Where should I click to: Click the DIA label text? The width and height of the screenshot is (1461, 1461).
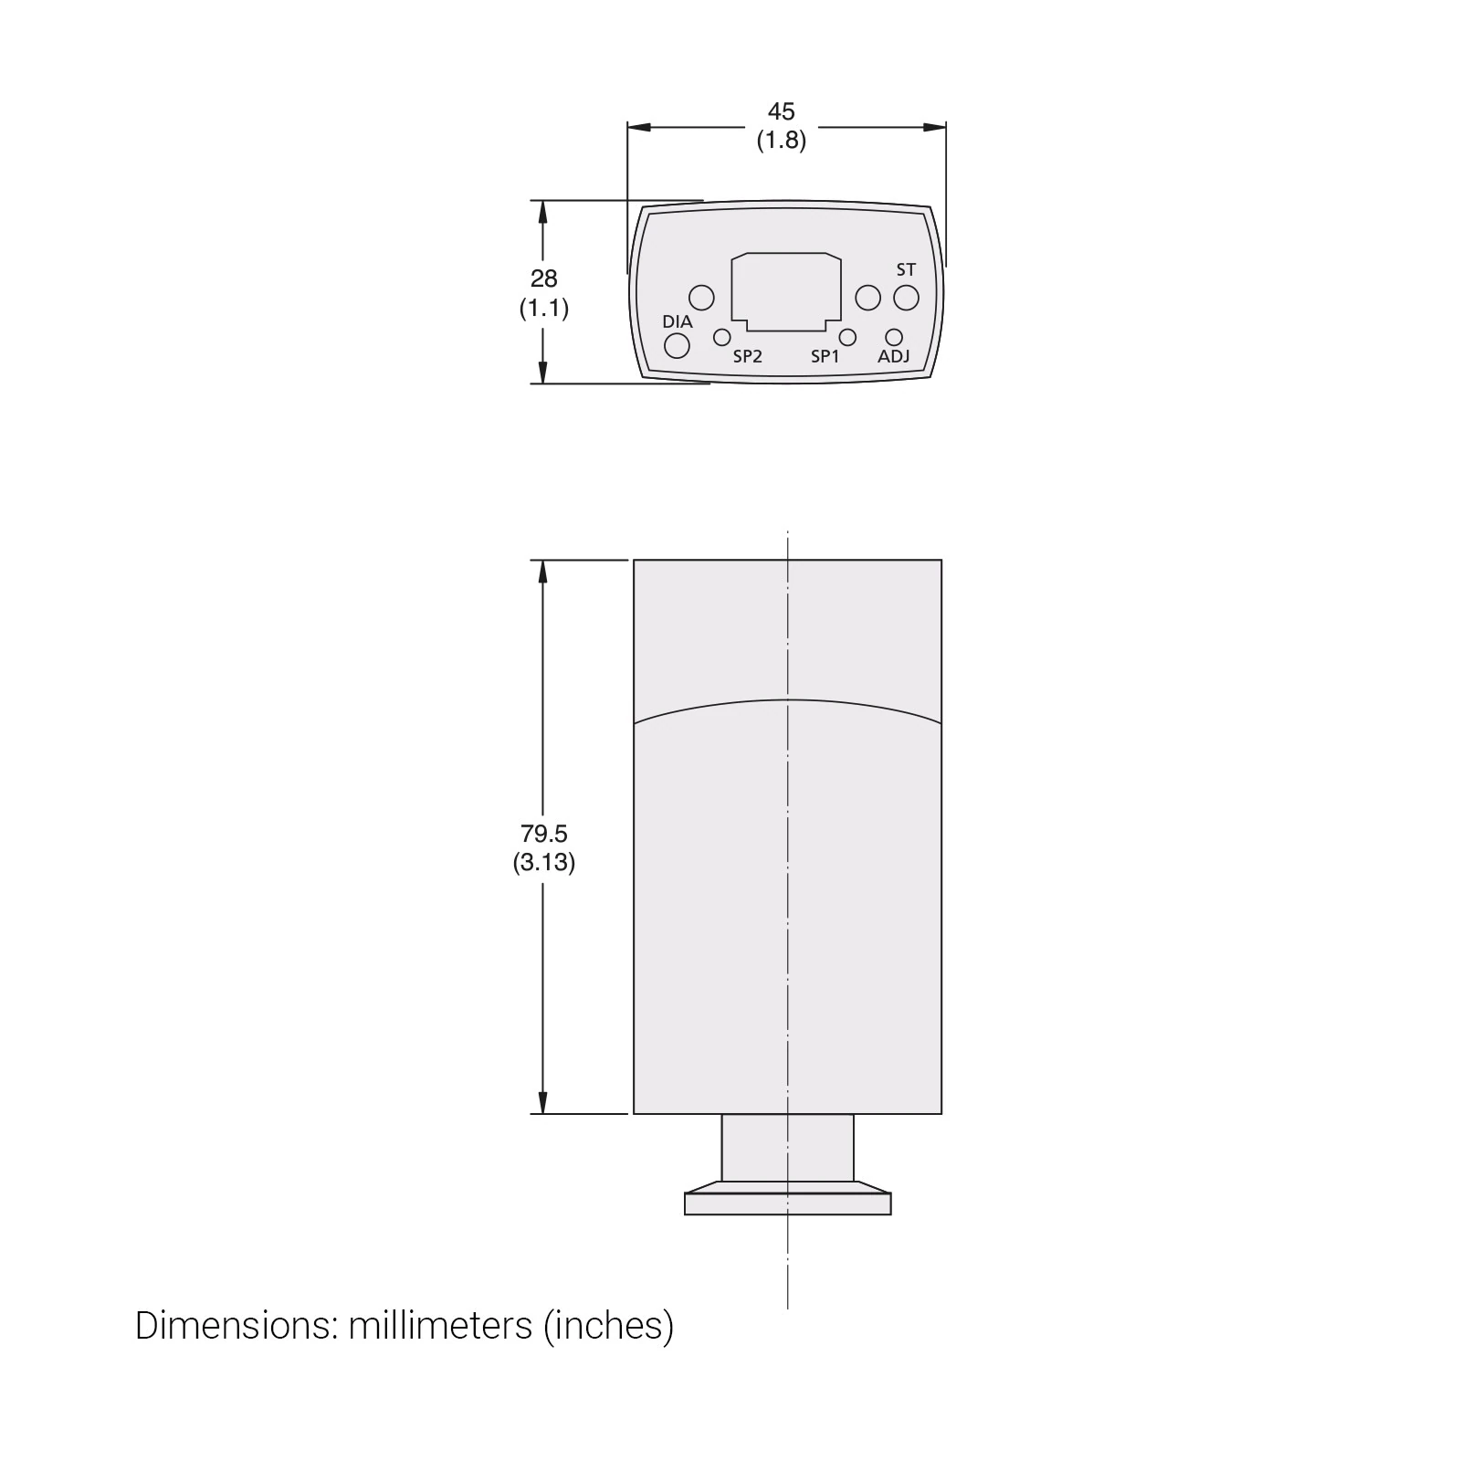tap(678, 321)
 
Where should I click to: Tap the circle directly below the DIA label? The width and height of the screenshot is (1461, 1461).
tap(677, 346)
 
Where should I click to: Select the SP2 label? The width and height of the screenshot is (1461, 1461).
tap(747, 356)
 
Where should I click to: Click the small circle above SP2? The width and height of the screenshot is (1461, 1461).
tap(721, 337)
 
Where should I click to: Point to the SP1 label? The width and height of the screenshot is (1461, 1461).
tap(825, 356)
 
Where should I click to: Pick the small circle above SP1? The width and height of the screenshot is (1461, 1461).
tap(847, 337)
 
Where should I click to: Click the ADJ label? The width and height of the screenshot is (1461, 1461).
tap(893, 356)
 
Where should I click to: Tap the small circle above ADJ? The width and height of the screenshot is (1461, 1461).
tap(894, 338)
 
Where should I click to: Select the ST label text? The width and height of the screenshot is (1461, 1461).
tap(906, 269)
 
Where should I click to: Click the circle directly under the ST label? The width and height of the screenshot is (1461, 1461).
tap(906, 298)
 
